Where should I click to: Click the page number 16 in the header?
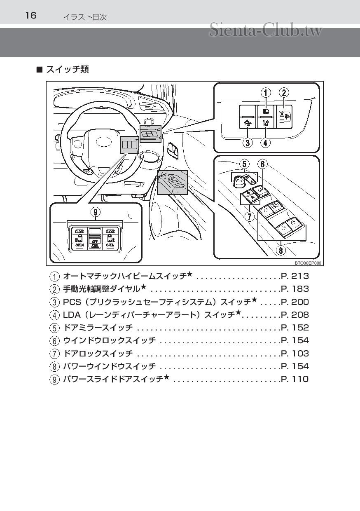point(31,16)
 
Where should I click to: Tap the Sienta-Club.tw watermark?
point(265,30)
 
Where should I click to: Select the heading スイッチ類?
point(67,69)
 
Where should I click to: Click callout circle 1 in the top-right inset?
point(266,93)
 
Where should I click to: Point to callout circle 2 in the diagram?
point(284,93)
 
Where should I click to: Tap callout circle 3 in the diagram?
point(247,143)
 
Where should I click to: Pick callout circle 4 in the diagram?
point(266,143)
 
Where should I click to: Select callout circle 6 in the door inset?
point(262,164)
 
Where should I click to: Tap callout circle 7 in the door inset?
point(250,216)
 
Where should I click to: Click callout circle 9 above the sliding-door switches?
point(95,212)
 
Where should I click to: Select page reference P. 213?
point(295,276)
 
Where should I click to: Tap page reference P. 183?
point(295,289)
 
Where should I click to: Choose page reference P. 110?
point(295,379)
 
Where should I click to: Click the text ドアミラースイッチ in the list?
point(98,328)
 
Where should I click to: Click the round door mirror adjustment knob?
point(238,180)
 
